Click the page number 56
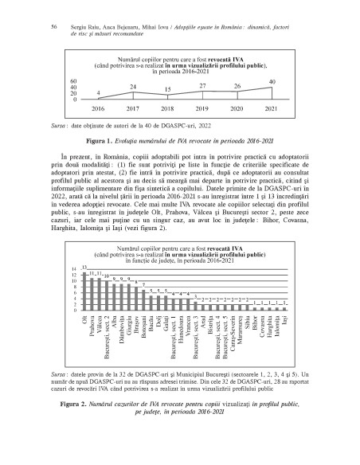[53, 26]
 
